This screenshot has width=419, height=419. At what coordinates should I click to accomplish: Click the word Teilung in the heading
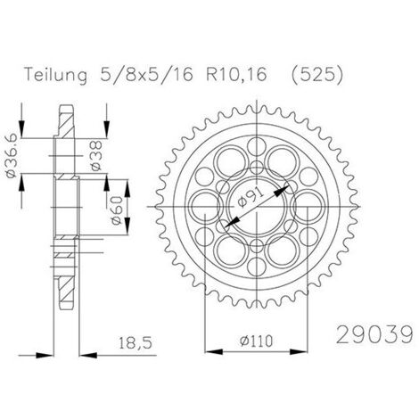click(56, 74)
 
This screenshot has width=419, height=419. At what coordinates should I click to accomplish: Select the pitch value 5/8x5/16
click(146, 74)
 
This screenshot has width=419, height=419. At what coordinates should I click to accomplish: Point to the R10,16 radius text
click(236, 74)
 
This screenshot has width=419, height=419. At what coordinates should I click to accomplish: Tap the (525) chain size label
click(316, 74)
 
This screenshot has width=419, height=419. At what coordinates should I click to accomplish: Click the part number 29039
click(374, 334)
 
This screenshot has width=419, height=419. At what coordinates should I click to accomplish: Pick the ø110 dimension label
click(256, 341)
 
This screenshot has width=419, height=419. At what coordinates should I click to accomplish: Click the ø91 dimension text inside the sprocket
click(251, 198)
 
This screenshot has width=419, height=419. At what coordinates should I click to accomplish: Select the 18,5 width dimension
click(136, 343)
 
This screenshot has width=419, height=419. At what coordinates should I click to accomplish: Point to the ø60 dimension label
click(117, 210)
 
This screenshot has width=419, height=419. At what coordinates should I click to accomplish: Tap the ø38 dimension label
click(96, 156)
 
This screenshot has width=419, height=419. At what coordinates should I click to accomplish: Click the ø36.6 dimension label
click(12, 158)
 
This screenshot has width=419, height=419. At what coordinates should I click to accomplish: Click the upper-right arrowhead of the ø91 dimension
click(281, 191)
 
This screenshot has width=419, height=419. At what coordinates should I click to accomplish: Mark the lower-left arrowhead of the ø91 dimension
click(232, 222)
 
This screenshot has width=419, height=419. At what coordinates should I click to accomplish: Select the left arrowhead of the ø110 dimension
click(214, 352)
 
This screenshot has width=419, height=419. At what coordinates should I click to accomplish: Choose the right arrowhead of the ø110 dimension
click(299, 352)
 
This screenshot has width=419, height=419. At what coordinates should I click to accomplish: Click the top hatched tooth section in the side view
click(66, 121)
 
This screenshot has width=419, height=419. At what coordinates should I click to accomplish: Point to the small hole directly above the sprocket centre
click(257, 168)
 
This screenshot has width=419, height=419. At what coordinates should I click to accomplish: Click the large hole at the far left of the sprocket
click(206, 207)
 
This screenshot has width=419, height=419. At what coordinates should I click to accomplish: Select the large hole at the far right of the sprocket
click(308, 207)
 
